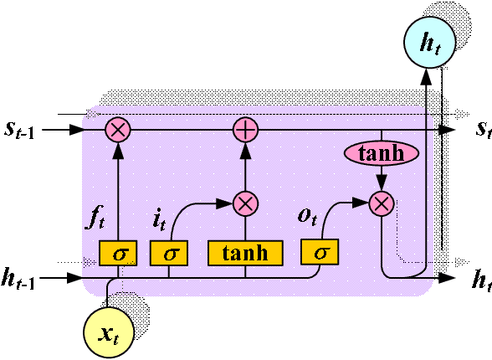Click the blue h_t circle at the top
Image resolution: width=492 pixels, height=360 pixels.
(x=429, y=44)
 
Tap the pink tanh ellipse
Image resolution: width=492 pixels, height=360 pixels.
(x=381, y=153)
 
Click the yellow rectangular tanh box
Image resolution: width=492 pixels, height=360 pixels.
(x=245, y=252)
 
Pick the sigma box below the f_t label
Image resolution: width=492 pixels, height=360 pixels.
(x=118, y=252)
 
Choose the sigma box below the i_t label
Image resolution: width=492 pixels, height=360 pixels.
(x=168, y=252)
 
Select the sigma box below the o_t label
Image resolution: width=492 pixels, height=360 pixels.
(x=320, y=251)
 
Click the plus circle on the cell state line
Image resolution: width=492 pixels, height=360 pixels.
(x=245, y=130)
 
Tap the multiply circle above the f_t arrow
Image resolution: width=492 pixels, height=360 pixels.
(x=118, y=130)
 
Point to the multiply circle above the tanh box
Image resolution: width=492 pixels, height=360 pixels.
(x=245, y=203)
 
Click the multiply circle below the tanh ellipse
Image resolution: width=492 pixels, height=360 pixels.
(x=382, y=203)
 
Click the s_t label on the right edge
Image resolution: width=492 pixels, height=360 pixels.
(x=482, y=129)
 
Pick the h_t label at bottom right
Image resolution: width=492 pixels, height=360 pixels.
(x=481, y=279)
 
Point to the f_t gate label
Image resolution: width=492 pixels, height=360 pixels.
(x=95, y=219)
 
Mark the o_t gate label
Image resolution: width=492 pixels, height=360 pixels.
(x=307, y=216)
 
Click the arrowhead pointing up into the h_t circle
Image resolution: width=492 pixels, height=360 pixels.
(x=425, y=75)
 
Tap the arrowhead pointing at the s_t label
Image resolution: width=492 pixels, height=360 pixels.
(x=449, y=130)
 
